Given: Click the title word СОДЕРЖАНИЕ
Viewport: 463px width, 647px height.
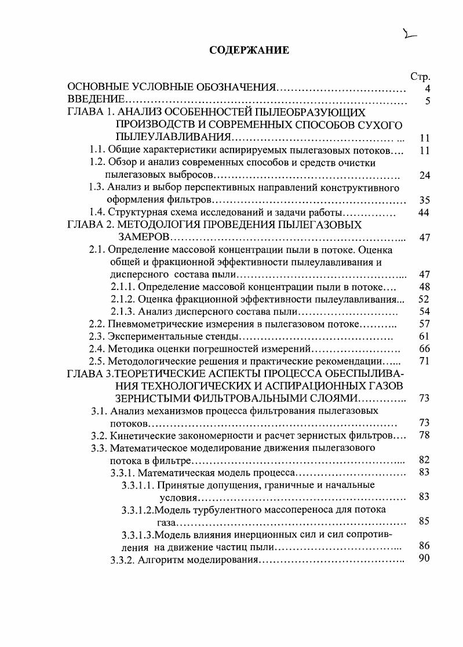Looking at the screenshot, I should pyautogui.click(x=249, y=51).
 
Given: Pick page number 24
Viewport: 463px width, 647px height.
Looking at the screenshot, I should pyautogui.click(x=424, y=175).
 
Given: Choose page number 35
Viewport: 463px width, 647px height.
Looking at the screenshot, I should pyautogui.click(x=424, y=200).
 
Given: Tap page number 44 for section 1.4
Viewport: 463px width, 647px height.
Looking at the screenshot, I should pyautogui.click(x=424, y=212).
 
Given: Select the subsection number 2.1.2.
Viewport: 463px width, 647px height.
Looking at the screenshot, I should pyautogui.click(x=123, y=299).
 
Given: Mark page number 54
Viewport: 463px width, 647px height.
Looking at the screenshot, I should pyautogui.click(x=424, y=311).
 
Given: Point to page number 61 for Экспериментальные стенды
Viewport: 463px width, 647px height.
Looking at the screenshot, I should pyautogui.click(x=424, y=336).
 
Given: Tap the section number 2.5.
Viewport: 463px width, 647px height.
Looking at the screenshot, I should pyautogui.click(x=98, y=361).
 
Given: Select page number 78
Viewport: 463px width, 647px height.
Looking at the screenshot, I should pyautogui.click(x=424, y=435).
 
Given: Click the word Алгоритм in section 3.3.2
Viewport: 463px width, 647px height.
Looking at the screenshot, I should pyautogui.click(x=161, y=560).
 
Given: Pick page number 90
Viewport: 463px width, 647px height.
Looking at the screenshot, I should pyautogui.click(x=424, y=559).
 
